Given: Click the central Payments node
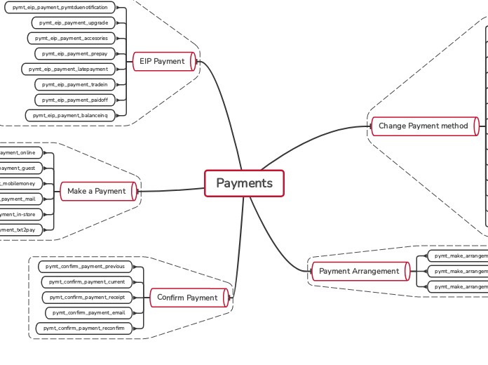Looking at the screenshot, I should (x=244, y=184).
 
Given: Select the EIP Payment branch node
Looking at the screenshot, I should (x=162, y=62).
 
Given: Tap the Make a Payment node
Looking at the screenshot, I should (x=97, y=191).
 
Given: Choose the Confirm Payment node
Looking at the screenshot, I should (x=187, y=298).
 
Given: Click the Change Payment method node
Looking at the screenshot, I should (x=423, y=126).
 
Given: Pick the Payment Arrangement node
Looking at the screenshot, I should (x=359, y=271).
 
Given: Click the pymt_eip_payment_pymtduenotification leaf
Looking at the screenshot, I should (x=60, y=7).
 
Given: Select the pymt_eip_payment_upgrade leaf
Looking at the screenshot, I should (x=74, y=22).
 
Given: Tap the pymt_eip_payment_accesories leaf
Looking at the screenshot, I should (x=71, y=38).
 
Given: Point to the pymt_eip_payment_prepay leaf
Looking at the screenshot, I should (x=74, y=53).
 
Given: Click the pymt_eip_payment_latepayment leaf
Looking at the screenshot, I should (x=68, y=69).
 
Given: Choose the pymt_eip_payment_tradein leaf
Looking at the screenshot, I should (x=74, y=84).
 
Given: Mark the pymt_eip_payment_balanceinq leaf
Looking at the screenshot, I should (x=70, y=114).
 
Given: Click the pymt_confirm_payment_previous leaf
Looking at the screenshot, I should (x=85, y=267).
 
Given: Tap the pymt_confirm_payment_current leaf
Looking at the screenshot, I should (x=86, y=282).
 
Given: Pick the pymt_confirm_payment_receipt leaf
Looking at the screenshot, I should (x=87, y=298).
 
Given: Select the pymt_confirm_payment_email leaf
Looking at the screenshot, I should (x=88, y=313).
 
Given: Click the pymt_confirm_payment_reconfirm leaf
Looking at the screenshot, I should (x=83, y=328).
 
